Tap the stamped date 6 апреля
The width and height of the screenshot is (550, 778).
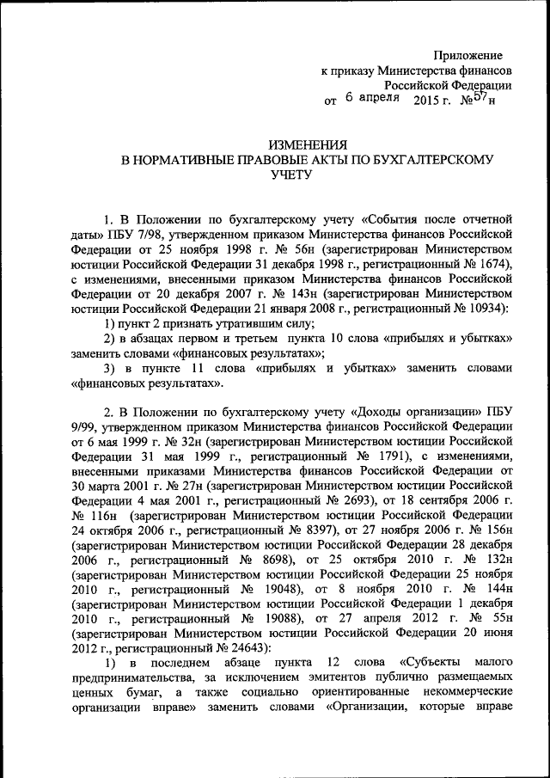(372, 99)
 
